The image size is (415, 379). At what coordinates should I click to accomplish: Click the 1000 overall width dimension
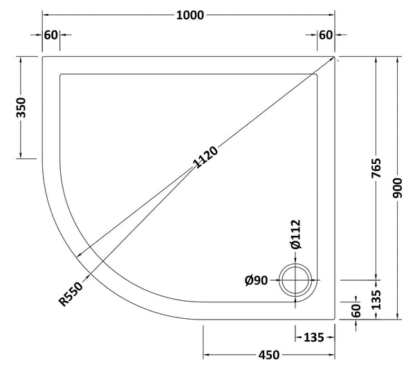(190, 15)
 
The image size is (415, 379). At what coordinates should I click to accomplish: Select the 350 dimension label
(21, 108)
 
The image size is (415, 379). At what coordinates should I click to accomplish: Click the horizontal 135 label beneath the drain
(313, 338)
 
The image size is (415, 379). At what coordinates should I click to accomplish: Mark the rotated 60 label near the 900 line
(357, 311)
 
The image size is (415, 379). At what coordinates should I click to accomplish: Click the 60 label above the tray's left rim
(50, 35)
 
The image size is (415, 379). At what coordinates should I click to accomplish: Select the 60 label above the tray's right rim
(326, 35)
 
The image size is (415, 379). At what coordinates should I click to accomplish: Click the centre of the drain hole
(297, 281)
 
